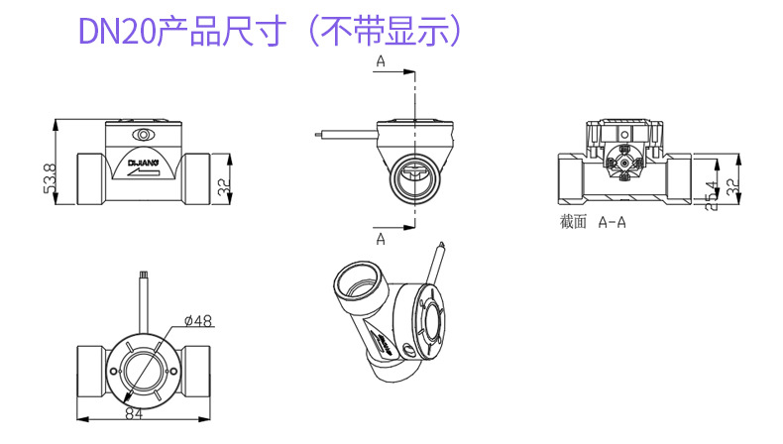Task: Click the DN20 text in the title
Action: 117,32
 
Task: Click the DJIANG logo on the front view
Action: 144,157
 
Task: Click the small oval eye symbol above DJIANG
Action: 145,136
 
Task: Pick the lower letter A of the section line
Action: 381,237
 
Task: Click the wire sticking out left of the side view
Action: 342,136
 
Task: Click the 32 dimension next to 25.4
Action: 732,183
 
